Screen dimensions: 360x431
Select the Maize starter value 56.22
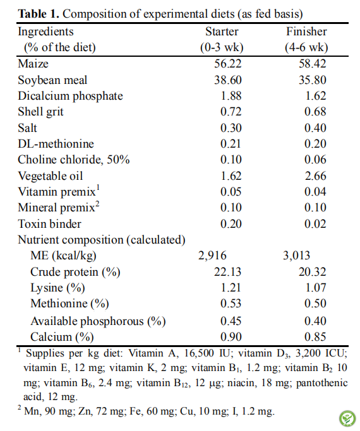228,64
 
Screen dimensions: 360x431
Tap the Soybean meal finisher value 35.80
313,80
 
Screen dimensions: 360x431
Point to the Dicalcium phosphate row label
70,96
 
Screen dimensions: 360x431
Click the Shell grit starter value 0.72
231,112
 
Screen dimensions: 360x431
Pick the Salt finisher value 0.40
315,128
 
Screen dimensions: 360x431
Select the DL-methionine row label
56,144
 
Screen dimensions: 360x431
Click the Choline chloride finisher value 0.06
315,160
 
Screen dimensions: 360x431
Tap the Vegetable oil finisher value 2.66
315,176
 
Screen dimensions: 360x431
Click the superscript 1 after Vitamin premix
98,187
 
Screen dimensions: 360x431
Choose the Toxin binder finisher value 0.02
315,224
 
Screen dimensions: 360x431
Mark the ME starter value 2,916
212,256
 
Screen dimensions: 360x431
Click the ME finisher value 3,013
296,256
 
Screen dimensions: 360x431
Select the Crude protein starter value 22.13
228,272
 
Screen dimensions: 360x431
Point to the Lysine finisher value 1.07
316,288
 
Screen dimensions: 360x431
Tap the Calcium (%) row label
62,337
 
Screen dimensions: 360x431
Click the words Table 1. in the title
39,14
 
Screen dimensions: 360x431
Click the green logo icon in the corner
347,418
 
